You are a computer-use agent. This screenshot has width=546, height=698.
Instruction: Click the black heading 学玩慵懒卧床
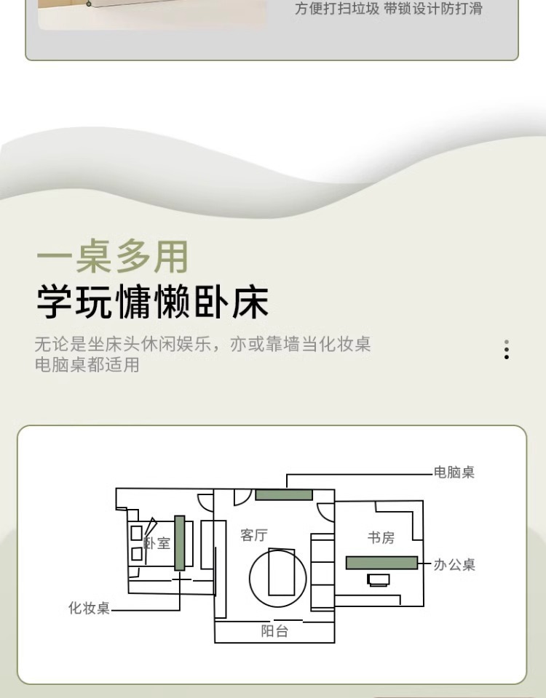pos(153,302)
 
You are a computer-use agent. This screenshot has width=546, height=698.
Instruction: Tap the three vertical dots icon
pos(507,350)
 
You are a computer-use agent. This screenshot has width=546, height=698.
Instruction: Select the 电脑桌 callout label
pos(454,473)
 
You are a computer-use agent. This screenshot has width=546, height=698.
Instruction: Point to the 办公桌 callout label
pos(454,564)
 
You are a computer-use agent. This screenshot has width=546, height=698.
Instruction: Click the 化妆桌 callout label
pos(89,608)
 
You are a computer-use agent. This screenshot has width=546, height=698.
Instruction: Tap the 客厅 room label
pos(254,536)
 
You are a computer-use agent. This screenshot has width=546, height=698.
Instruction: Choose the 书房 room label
pos(381,538)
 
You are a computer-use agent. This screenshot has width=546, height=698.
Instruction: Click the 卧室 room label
pos(158,543)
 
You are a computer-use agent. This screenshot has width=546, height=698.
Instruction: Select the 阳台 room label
pos(274,632)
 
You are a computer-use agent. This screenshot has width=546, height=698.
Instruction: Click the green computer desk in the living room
pos(284,494)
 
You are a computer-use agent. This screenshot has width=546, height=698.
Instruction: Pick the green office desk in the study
pos(381,563)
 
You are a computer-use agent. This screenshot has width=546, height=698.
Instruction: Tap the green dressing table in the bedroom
pos(179,542)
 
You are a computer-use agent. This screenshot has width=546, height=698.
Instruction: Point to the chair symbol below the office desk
pos(379,579)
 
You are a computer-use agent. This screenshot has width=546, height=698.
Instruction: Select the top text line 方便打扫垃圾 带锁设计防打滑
pos(388,9)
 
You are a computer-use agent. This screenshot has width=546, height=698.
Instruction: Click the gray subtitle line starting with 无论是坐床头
pos(202,344)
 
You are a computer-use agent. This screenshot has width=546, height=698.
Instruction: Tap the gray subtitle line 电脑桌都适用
pos(87,364)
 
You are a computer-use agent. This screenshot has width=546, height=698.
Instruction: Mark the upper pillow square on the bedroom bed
pos(136,533)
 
